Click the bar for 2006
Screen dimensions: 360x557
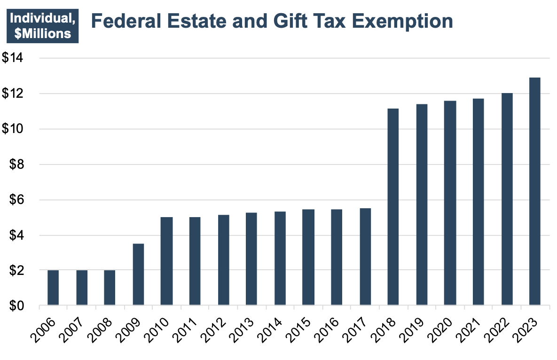pos(53,288)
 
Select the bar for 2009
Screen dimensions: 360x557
pos(138,274)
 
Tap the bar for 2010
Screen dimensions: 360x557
pos(166,261)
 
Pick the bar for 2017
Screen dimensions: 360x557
pos(365,257)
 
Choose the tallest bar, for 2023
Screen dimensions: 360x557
pos(535,192)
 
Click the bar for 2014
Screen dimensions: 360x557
pos(280,258)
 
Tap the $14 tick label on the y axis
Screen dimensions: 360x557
pos(15,58)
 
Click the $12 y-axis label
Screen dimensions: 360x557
pos(15,94)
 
